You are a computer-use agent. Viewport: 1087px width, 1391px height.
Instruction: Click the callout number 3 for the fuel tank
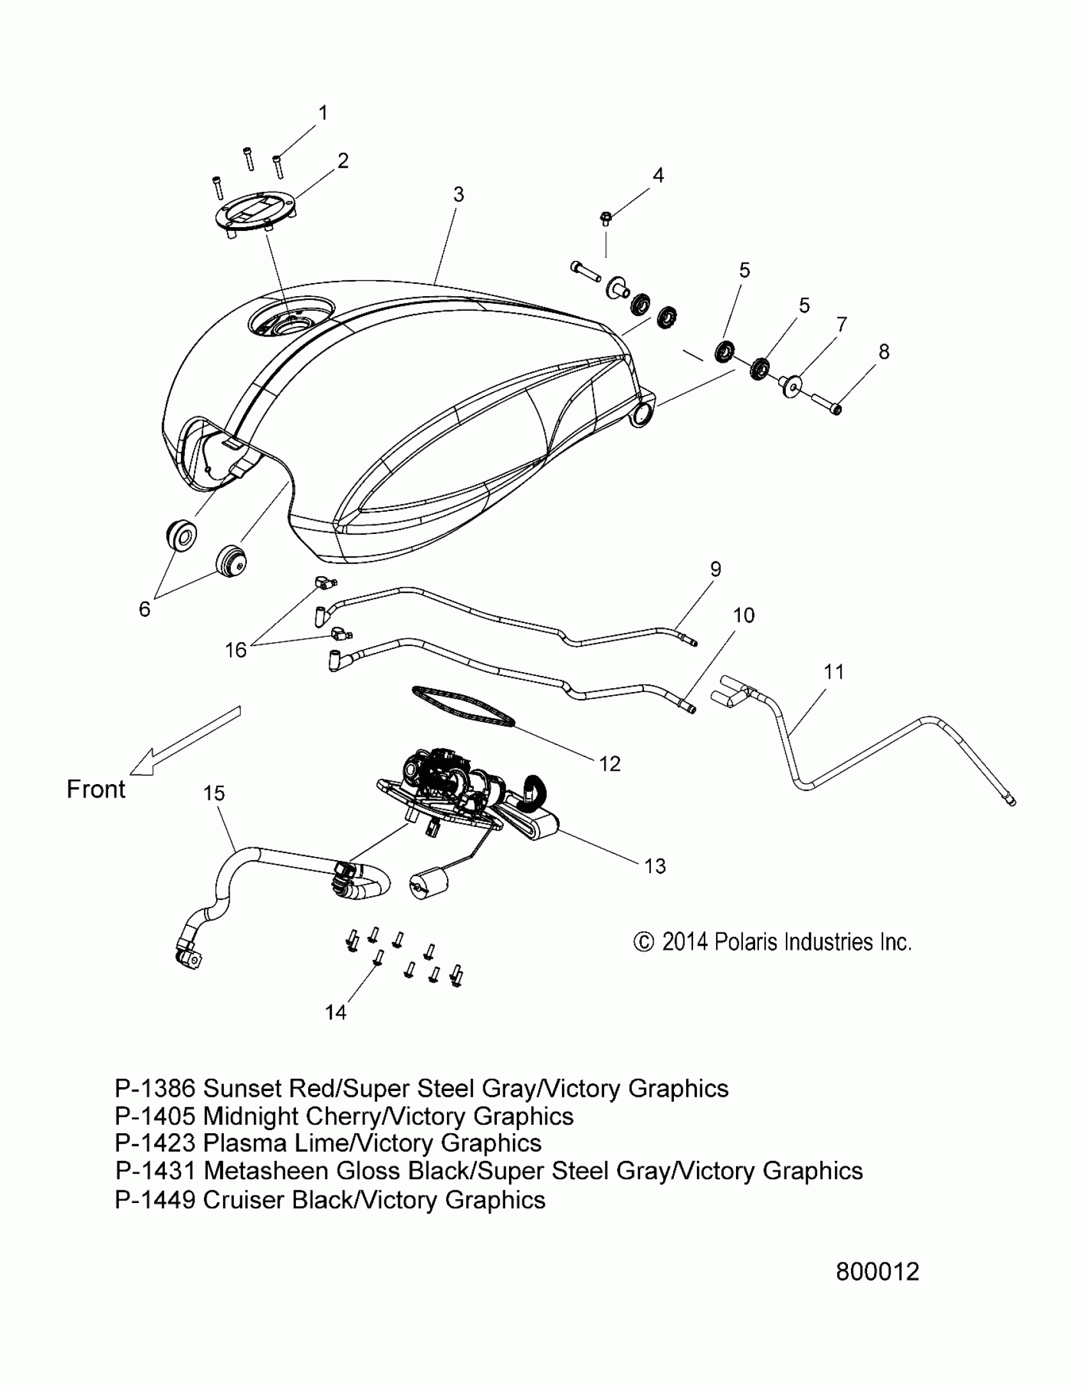(x=458, y=194)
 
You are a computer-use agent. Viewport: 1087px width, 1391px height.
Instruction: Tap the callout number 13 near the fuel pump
(x=655, y=866)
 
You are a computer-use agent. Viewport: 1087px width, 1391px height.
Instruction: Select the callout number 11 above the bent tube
(x=834, y=672)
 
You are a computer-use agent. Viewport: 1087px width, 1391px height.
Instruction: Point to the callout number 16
(x=236, y=650)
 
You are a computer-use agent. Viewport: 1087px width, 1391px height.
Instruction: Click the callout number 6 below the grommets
(x=145, y=609)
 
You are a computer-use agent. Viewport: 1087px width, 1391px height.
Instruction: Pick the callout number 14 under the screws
(x=336, y=1012)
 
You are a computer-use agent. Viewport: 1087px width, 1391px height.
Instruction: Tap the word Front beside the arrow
(x=96, y=789)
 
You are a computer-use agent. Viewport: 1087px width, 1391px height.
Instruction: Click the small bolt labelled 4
(x=606, y=219)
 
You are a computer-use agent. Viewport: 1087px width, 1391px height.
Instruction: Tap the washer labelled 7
(x=792, y=386)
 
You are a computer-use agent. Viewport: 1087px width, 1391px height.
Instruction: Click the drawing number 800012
(x=877, y=1271)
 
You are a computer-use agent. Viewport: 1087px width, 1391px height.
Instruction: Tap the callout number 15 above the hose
(x=214, y=793)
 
